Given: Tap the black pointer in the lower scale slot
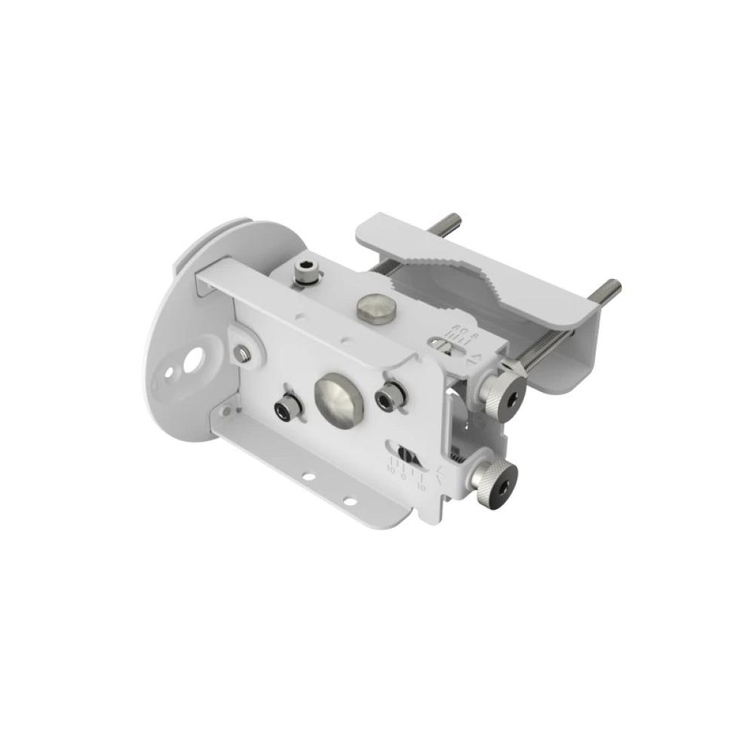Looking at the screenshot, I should (x=405, y=455).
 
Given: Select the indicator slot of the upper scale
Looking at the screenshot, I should (x=446, y=345).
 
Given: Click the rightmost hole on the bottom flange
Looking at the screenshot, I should (x=349, y=501).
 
